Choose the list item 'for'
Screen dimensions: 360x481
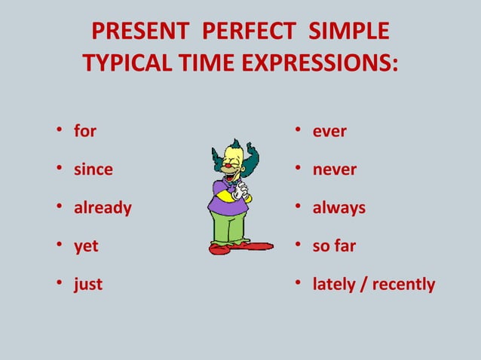[85, 131]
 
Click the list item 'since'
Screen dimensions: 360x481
[93, 169]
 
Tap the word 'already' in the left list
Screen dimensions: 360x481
[103, 208]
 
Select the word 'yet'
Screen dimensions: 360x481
[86, 246]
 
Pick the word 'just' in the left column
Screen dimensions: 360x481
[88, 285]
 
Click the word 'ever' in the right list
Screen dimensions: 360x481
[329, 131]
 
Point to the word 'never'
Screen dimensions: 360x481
[335, 169]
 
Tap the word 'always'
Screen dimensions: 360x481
[339, 208]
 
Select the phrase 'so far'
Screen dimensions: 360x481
[334, 246]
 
